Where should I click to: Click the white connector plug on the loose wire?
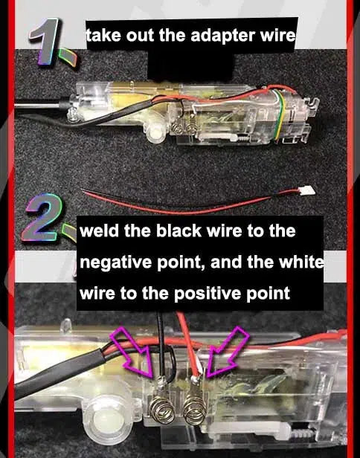point(308,191)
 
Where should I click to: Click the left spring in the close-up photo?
point(161,407)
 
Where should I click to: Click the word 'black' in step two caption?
point(179,230)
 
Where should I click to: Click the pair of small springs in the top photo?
point(183,127)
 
